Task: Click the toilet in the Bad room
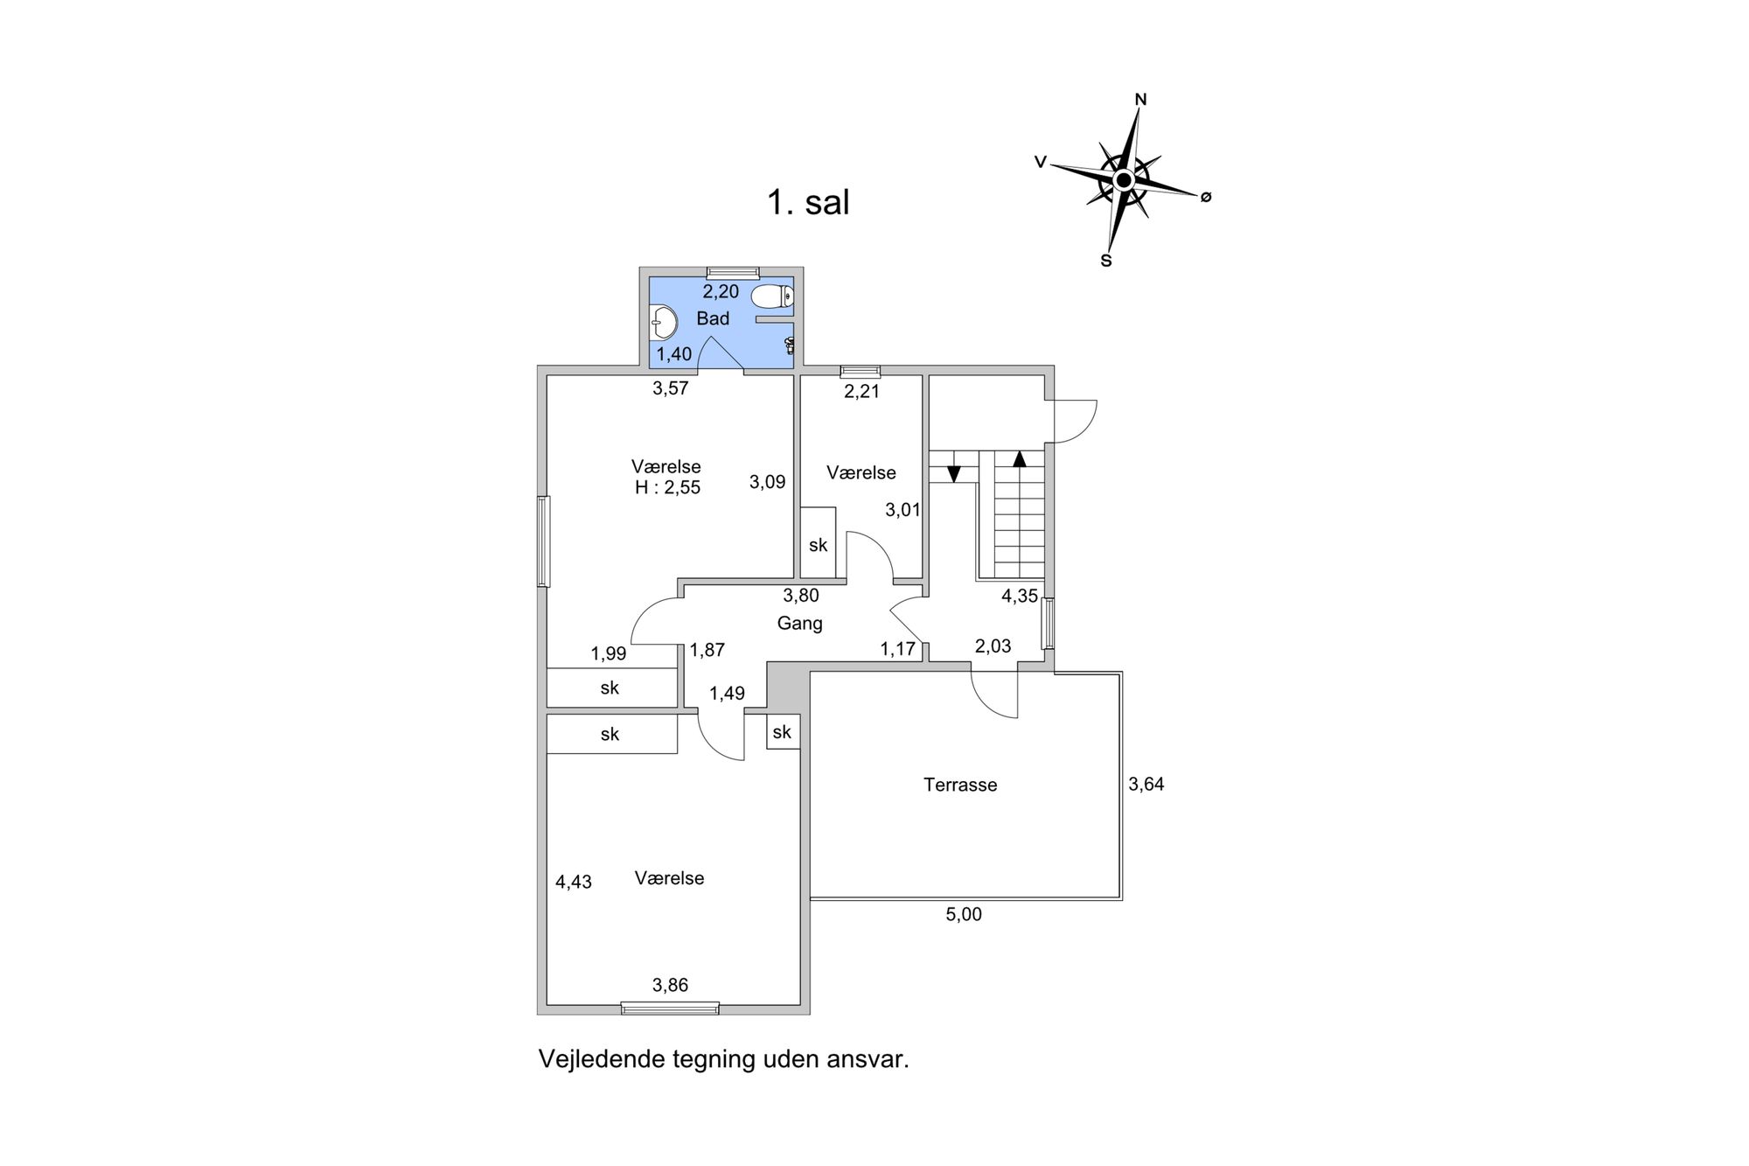point(770,297)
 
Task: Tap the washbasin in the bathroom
point(664,322)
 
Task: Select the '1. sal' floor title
point(808,203)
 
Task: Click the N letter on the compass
point(1140,100)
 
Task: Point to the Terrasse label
point(960,785)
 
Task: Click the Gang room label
point(799,624)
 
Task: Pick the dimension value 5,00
point(964,914)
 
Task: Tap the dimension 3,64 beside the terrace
point(1146,784)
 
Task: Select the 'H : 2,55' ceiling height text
point(667,488)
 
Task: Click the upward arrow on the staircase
point(1019,458)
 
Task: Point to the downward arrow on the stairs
point(954,473)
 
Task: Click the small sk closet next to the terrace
point(782,731)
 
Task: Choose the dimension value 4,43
point(574,882)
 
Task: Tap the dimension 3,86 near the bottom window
point(670,985)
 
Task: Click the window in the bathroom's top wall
point(732,272)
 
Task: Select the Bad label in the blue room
point(713,318)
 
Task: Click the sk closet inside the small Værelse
point(818,545)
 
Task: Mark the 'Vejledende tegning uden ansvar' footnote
point(723,1059)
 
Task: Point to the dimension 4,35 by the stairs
point(1019,597)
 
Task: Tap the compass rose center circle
point(1124,180)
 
